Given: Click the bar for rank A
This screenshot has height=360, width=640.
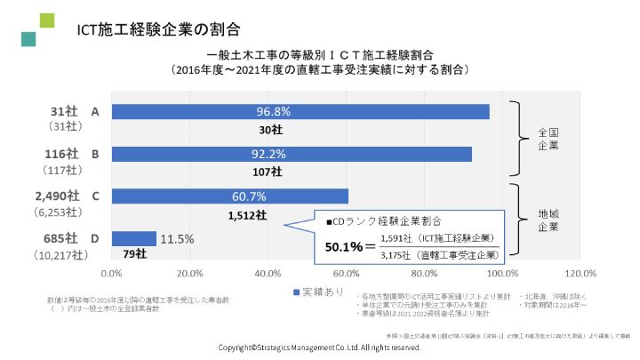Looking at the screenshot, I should click(300, 112).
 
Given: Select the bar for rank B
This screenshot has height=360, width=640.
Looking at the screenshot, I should click(292, 154).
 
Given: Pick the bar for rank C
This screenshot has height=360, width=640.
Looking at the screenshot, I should click(230, 196).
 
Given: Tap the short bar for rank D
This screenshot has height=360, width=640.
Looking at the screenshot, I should click(134, 238).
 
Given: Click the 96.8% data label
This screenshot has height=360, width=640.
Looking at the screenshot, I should click(274, 112).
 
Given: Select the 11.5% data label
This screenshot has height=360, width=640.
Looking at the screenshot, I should click(177, 238).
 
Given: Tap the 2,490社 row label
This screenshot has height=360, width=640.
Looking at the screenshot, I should click(57, 196).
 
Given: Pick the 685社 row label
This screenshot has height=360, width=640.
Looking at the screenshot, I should click(60, 238).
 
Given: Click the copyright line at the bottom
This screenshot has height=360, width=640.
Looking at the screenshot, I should click(320, 348).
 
